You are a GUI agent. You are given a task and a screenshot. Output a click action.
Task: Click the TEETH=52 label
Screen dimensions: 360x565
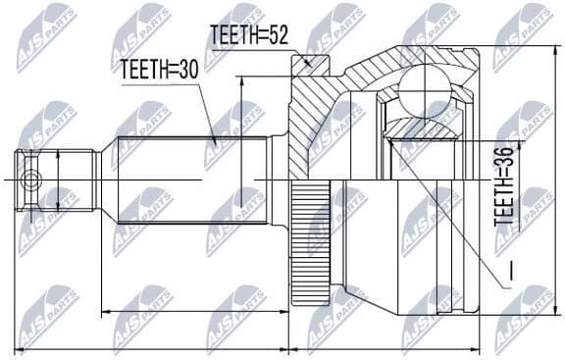[x=246, y=35]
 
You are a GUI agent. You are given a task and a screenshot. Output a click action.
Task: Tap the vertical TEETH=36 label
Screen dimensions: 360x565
[x=503, y=187]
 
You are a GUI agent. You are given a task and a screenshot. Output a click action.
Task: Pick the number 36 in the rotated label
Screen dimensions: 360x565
[x=503, y=157]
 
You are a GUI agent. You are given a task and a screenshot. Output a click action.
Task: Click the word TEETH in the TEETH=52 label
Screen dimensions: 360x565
[x=232, y=35]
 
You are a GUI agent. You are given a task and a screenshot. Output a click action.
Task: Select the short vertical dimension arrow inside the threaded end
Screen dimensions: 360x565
[x=60, y=179]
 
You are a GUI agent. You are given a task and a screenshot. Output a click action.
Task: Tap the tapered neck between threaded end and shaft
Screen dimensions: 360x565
[x=105, y=179]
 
